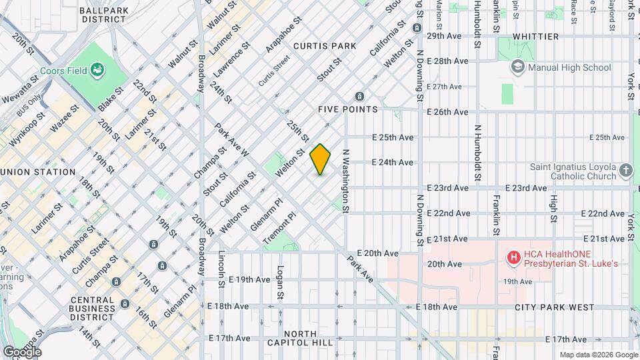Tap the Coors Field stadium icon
[x=98, y=69]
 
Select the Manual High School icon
[x=517, y=67]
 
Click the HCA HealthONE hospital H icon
[x=513, y=257]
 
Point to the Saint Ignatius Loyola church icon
[x=625, y=171]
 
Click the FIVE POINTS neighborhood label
[x=348, y=109]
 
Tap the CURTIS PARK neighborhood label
[x=325, y=46]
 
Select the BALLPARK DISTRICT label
[x=104, y=15]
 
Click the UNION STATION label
[x=39, y=172]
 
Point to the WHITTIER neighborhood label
[x=535, y=37]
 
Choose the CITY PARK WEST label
[x=554, y=307]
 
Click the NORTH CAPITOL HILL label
[x=308, y=338]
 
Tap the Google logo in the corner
[x=22, y=351]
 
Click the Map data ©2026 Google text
[x=597, y=355]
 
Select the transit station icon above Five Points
[x=361, y=96]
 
